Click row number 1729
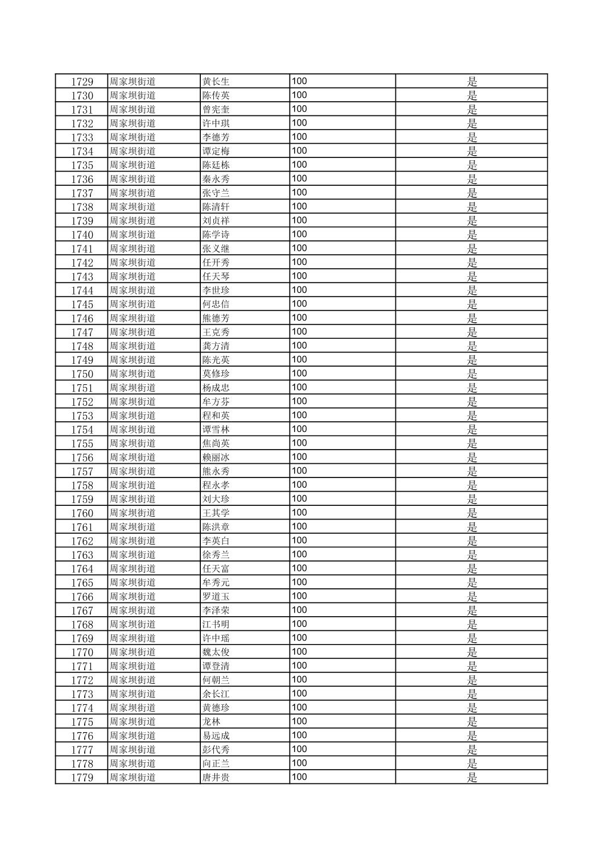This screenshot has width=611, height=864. click(x=82, y=82)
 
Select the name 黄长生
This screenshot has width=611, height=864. click(x=216, y=82)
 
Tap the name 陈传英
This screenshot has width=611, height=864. click(x=216, y=95)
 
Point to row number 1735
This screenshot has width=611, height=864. click(x=82, y=165)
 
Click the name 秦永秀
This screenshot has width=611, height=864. click(x=216, y=179)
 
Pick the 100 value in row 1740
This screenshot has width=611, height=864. click(x=299, y=234)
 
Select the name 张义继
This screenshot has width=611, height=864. click(x=216, y=248)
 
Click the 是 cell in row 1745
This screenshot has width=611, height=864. click(x=472, y=304)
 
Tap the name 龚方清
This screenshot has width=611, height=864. click(x=216, y=346)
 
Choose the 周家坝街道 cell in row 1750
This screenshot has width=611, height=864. click(x=133, y=374)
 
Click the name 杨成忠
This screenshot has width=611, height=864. click(x=216, y=388)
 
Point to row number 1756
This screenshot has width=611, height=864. click(x=82, y=458)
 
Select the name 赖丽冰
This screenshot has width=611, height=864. click(x=216, y=458)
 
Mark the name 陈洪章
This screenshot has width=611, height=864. click(x=216, y=527)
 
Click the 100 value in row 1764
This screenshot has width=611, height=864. click(x=299, y=568)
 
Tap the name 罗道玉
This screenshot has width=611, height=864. click(x=216, y=597)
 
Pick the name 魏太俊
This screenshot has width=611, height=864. click(x=216, y=653)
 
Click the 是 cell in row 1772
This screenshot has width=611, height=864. click(x=472, y=680)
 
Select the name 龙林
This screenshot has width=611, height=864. click(x=211, y=722)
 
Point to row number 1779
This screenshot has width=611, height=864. click(x=82, y=778)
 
